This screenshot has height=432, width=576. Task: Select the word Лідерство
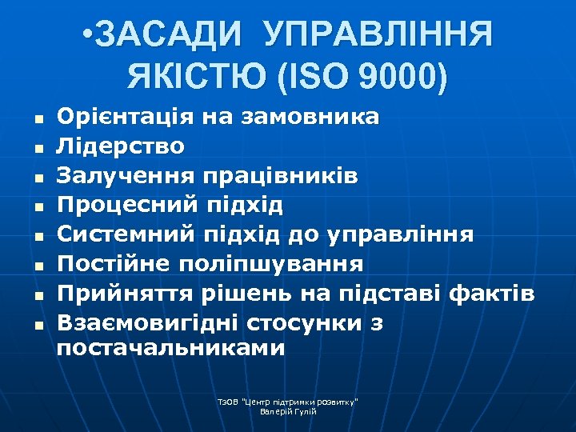(120, 146)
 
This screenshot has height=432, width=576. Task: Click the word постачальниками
(170, 348)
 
